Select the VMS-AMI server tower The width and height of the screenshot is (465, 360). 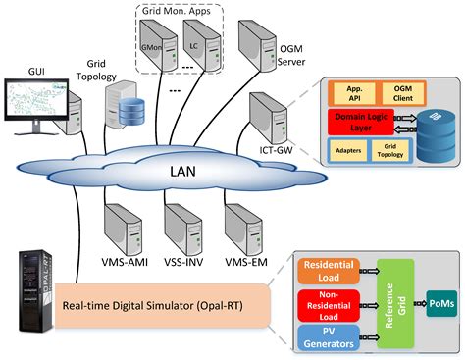pyautogui.click(x=124, y=229)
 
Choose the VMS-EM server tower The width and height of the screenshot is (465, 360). pyautogui.click(x=241, y=229)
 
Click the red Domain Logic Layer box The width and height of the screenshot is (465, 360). pyautogui.click(x=365, y=123)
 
